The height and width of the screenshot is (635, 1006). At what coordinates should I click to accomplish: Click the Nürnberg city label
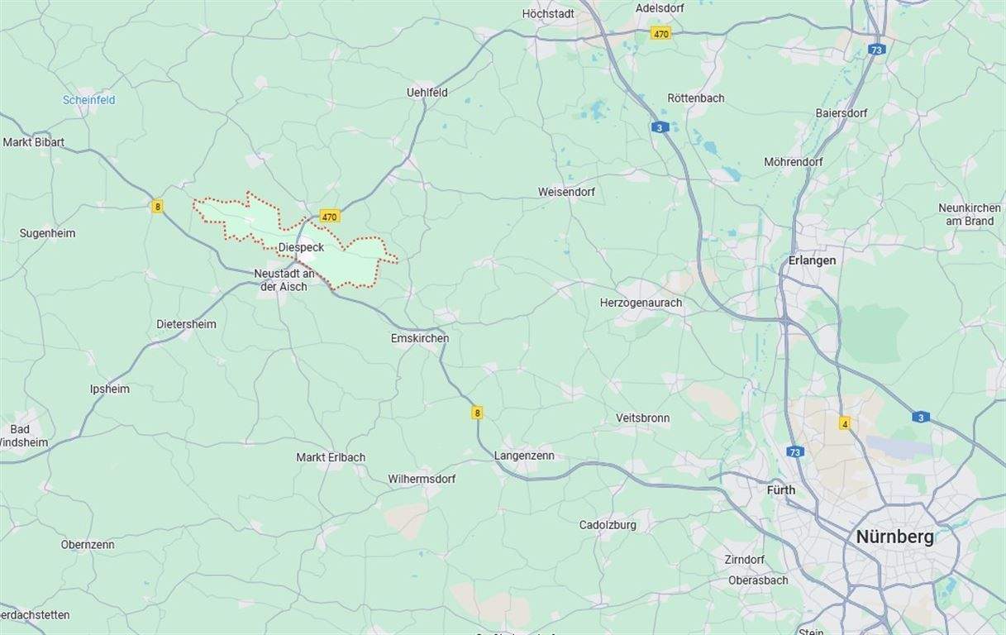coord(894,537)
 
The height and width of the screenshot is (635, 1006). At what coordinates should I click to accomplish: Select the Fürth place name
coord(780,490)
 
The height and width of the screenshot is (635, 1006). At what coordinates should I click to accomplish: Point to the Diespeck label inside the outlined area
coord(301,247)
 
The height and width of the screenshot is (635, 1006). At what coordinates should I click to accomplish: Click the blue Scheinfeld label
coord(88,100)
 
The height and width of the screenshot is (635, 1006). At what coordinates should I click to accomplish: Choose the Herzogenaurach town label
coord(641,303)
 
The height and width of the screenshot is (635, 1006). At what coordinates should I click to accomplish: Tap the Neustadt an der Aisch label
coord(284,280)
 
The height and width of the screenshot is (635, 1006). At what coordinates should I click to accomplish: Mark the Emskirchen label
coord(420,338)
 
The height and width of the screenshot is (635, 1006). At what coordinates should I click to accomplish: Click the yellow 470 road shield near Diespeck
coord(330,217)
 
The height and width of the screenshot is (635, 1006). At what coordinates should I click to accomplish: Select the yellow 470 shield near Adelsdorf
coord(660,34)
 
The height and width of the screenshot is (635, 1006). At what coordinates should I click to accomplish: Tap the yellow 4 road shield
coord(844,423)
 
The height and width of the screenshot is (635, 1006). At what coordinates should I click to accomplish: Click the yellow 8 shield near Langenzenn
coord(477,412)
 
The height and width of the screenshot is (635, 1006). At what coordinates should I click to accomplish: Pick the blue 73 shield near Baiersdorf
coord(877,50)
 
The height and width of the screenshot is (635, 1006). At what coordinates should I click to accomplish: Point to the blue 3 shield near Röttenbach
coord(659,127)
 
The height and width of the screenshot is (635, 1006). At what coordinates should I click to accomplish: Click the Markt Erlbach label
coord(331,457)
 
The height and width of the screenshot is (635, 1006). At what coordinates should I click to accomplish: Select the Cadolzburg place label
coord(608,525)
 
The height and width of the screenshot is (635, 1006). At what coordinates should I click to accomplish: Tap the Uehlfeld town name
coord(427,93)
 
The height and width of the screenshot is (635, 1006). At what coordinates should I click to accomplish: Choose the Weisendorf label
coord(566,192)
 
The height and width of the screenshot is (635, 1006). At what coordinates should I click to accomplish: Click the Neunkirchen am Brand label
coord(969,214)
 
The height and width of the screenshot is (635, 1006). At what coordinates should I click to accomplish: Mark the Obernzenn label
coord(88,545)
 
